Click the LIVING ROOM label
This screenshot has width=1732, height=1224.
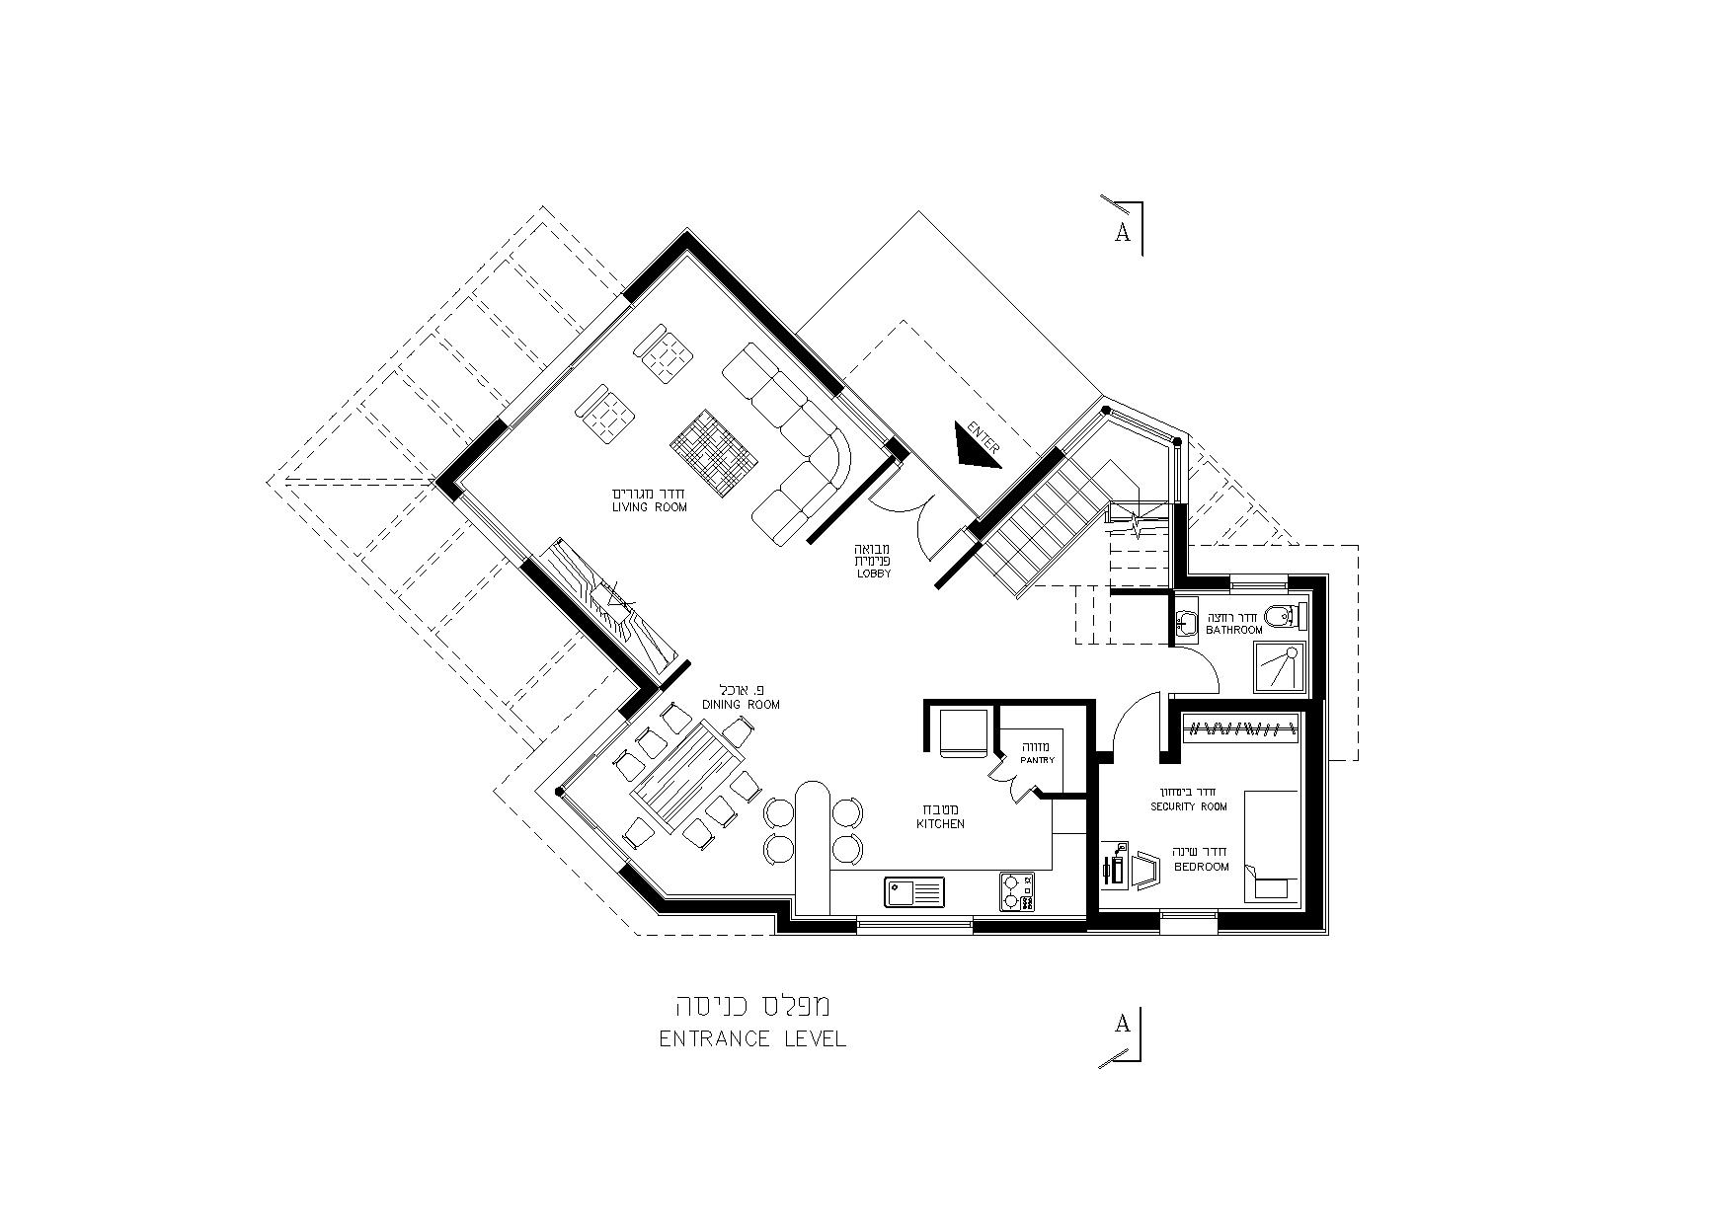coord(649,507)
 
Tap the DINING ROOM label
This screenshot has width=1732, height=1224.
coord(741,705)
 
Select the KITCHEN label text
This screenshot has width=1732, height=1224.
coord(940,823)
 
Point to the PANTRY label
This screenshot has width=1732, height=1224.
coord(1038,760)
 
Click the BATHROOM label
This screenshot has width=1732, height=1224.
coord(1233,630)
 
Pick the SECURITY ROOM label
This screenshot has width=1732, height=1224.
coord(1189,806)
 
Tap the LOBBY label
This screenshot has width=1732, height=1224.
coord(874,574)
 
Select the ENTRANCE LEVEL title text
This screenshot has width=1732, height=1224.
coord(752,1038)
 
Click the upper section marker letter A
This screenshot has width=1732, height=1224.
coord(1122,233)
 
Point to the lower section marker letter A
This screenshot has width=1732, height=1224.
coord(1122,1024)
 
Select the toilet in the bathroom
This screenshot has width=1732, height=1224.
coord(1286,616)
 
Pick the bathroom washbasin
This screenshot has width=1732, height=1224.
coord(1186,622)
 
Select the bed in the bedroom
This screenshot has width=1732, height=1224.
coord(1271,845)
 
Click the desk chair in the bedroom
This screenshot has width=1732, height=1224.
coord(1145,871)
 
